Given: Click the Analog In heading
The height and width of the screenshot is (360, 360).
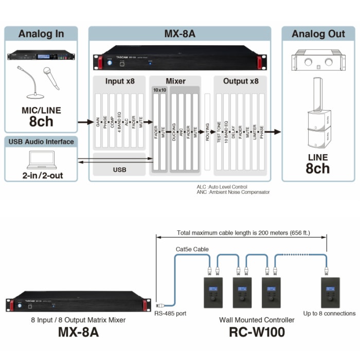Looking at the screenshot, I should pyautogui.click(x=41, y=34).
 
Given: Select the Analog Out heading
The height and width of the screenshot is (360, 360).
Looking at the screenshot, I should pyautogui.click(x=318, y=34).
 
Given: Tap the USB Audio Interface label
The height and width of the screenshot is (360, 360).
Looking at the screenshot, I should pyautogui.click(x=41, y=141).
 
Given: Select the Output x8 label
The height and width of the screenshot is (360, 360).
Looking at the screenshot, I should pyautogui.click(x=241, y=81).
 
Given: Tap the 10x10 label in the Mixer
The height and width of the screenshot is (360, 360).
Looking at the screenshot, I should pyautogui.click(x=159, y=90).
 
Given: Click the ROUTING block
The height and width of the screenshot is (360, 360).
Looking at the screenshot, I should pyautogui.click(x=208, y=132).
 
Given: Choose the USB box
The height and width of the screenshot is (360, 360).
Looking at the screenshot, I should pyautogui.click(x=119, y=169).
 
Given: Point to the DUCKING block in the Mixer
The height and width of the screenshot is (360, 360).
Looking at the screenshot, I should pyautogui.click(x=174, y=132).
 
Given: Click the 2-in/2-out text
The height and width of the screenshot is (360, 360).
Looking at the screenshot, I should pyautogui.click(x=41, y=176).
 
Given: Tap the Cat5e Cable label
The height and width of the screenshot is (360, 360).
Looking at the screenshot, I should pyautogui.click(x=193, y=249).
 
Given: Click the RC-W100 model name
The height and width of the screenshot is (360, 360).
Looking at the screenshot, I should pyautogui.click(x=257, y=332).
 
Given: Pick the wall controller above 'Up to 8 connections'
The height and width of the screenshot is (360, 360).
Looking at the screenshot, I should pyautogui.click(x=329, y=292).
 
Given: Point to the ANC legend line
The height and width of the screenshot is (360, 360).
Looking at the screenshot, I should pyautogui.click(x=232, y=192).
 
